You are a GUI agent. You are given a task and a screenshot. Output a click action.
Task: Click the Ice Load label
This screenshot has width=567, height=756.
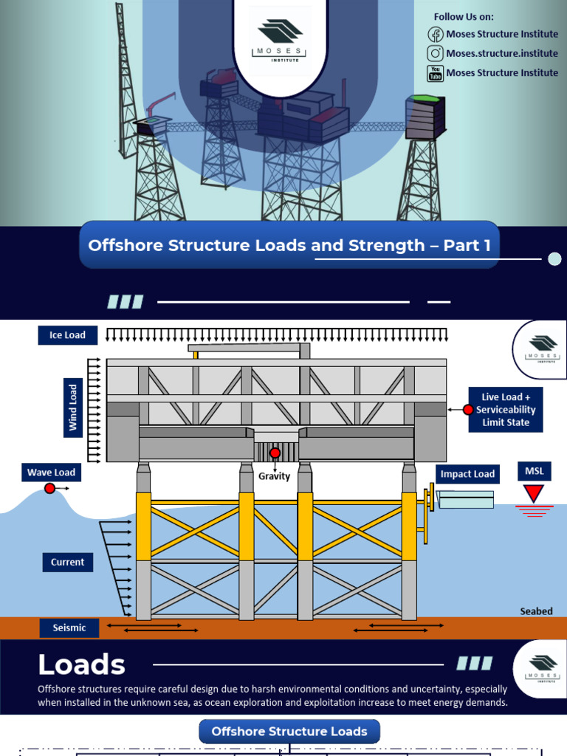[x=67, y=335]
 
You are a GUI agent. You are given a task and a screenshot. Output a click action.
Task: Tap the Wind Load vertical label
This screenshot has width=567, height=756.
[x=73, y=407]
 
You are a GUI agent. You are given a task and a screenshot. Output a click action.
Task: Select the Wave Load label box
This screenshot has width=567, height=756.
[x=52, y=472]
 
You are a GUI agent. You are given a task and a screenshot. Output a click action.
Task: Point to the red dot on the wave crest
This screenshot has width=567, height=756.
[x=49, y=488]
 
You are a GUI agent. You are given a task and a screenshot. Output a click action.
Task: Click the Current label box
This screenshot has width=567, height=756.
[x=67, y=562]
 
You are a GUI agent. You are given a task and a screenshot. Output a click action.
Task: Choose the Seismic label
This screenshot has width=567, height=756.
[x=69, y=628]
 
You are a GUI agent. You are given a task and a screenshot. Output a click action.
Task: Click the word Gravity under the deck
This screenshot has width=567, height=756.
[x=275, y=476]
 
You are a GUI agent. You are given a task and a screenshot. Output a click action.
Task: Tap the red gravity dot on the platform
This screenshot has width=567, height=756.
[x=275, y=453]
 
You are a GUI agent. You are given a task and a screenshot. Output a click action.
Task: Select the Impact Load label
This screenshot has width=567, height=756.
[x=467, y=474]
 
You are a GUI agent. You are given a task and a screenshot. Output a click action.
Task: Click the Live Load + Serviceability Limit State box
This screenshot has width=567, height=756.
[x=506, y=410]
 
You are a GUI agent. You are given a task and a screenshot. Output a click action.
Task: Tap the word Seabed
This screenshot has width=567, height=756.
[x=536, y=611]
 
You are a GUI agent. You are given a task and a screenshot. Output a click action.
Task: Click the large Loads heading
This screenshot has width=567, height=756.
[x=81, y=665]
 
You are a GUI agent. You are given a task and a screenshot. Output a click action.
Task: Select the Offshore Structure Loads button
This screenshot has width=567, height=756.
[x=289, y=732]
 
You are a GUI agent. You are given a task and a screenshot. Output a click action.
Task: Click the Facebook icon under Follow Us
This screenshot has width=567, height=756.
[x=435, y=34]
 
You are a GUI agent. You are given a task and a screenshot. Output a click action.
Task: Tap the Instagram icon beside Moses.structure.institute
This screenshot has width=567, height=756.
[x=435, y=53]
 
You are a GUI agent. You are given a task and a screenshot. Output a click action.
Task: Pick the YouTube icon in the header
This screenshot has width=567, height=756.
[x=435, y=73]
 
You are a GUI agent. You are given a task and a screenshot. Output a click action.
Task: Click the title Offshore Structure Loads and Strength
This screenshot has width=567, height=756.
[x=289, y=245]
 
